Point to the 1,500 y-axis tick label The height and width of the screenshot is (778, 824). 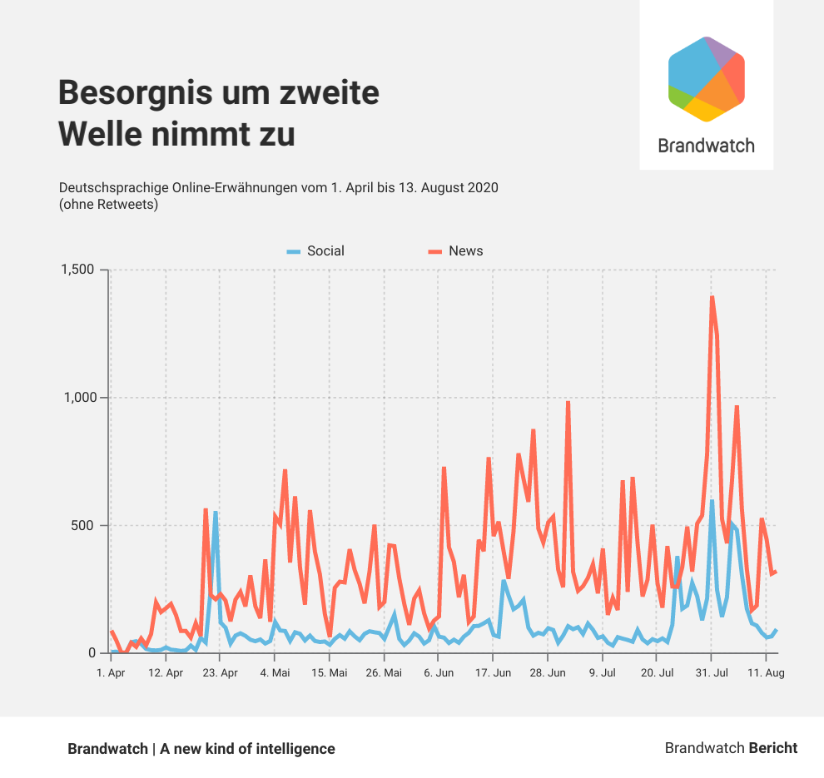(x=78, y=270)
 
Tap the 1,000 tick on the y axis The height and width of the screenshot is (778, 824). (x=78, y=398)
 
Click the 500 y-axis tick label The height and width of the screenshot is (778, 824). (x=86, y=525)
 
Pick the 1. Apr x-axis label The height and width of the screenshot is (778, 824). (x=111, y=672)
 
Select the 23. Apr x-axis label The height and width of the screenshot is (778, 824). (x=220, y=672)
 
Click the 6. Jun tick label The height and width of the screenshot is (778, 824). (x=439, y=672)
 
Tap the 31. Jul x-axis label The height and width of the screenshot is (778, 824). (x=712, y=672)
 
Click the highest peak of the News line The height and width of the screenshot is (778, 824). (x=712, y=297)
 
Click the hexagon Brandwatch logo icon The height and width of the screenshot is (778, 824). (x=706, y=79)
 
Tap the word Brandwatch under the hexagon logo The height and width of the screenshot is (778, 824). (x=706, y=146)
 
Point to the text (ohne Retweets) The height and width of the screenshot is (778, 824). (x=109, y=204)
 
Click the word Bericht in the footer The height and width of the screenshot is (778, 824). (x=772, y=748)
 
